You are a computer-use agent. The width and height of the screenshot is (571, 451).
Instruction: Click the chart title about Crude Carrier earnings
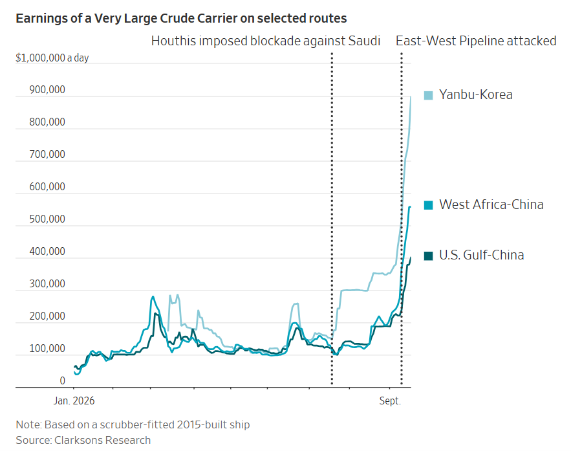(x=181, y=18)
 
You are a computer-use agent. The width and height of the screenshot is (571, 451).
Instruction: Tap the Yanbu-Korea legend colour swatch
(x=429, y=96)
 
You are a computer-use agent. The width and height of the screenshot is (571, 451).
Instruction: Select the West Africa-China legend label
(x=491, y=204)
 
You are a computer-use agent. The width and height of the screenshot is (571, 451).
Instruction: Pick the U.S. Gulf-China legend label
(x=481, y=255)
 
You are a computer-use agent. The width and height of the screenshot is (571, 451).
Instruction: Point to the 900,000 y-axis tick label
(x=47, y=89)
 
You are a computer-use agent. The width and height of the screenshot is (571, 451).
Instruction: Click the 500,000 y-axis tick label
(x=47, y=219)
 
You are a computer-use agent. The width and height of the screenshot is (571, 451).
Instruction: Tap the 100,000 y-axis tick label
(x=47, y=349)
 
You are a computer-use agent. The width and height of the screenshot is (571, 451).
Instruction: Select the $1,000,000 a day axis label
(x=52, y=58)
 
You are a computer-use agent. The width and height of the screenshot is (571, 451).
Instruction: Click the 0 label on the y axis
(x=62, y=381)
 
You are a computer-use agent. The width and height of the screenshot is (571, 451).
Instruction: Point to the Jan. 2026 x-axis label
(x=74, y=401)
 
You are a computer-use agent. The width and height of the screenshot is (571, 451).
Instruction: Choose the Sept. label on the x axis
(x=390, y=401)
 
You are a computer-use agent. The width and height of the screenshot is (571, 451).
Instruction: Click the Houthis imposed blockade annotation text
(x=266, y=41)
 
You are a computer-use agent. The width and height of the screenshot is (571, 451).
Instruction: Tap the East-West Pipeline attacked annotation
(x=476, y=41)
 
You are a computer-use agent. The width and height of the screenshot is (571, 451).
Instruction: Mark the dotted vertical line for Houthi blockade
(x=332, y=219)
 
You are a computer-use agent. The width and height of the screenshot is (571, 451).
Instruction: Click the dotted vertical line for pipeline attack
(x=402, y=219)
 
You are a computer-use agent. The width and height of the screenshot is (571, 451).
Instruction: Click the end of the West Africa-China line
(x=410, y=207)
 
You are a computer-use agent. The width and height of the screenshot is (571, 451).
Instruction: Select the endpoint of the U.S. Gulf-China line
(x=411, y=258)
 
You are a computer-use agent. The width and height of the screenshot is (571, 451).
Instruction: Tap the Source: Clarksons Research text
(x=83, y=440)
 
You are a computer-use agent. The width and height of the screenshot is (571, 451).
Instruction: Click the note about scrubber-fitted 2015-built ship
(x=133, y=424)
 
